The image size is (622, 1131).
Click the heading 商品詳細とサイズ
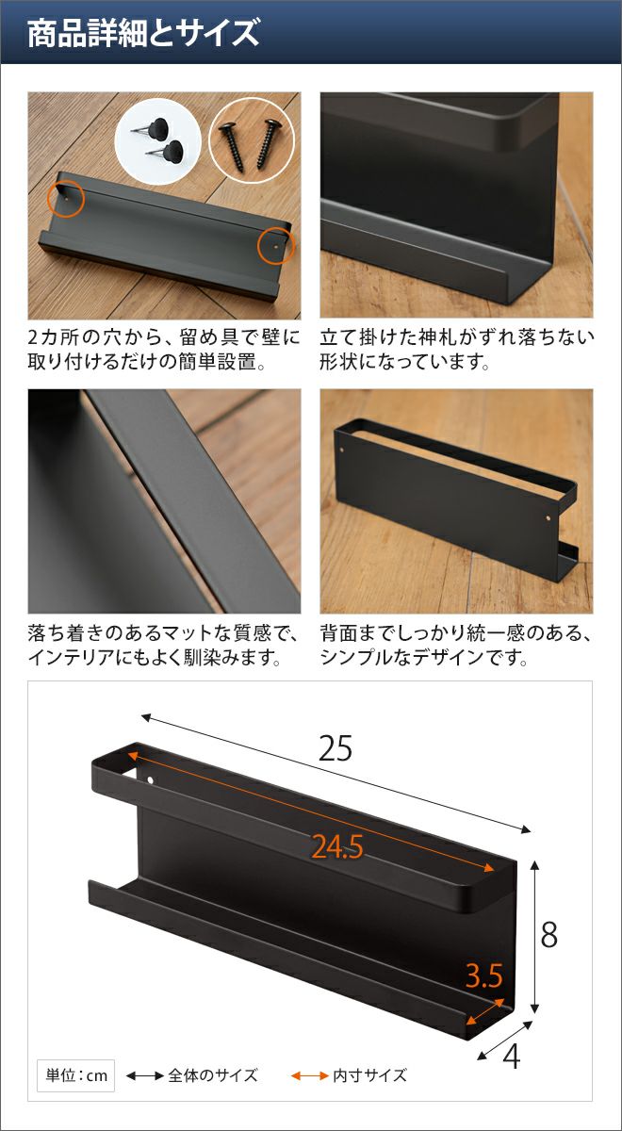tap(143, 33)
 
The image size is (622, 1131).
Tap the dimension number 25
tap(336, 747)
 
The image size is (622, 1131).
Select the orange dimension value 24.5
tap(337, 846)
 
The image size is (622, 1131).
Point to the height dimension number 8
tap(549, 935)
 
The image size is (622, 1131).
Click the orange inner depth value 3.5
tap(484, 975)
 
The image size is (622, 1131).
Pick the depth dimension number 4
tap(512, 1057)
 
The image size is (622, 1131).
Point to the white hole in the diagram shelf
tap(151, 780)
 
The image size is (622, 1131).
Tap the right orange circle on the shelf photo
tap(275, 245)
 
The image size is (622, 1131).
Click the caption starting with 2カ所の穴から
tap(164, 350)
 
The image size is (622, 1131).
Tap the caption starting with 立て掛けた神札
tap(456, 350)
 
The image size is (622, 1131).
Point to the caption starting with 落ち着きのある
tap(164, 645)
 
